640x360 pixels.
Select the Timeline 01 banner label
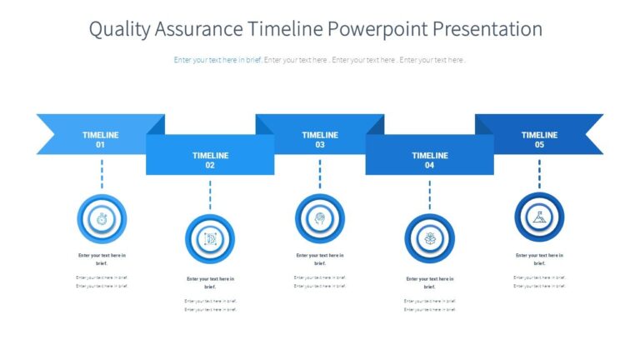click(100, 139)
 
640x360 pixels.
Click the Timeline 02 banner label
click(210, 160)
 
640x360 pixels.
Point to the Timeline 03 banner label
click(320, 139)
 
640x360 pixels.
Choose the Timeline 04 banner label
click(430, 160)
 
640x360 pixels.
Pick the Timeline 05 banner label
click(539, 139)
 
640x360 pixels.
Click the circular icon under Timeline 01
click(102, 218)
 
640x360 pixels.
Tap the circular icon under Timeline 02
click(210, 239)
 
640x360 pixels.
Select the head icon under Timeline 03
click(320, 218)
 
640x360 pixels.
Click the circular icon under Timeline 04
click(430, 239)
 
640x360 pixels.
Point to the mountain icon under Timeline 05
click(539, 218)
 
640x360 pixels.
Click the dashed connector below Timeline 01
click(102, 174)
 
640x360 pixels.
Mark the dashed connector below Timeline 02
click(210, 195)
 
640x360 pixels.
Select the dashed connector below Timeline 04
click(430, 195)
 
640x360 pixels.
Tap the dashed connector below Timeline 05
click(539, 174)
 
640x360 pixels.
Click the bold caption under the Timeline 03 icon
click(320, 259)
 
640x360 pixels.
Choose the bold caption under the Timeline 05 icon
click(539, 259)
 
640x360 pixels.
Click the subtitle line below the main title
click(320, 60)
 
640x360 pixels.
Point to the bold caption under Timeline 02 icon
click(210, 282)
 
